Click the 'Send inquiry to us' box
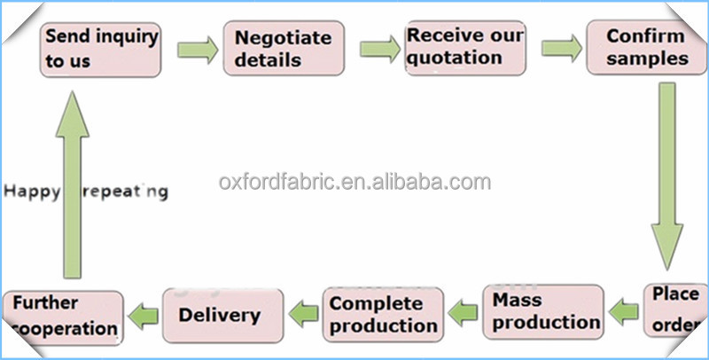(102, 50)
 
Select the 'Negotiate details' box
(283, 50)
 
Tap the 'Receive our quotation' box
(465, 47)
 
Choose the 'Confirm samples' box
(646, 48)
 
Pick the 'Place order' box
(675, 309)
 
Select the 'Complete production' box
(383, 314)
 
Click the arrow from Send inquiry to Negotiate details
(197, 49)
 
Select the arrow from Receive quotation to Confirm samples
(560, 46)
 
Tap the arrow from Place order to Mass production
(627, 310)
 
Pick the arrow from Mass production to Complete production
(464, 310)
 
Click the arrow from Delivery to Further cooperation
(144, 312)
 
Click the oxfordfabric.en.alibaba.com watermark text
(354, 183)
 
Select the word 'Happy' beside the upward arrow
(29, 191)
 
